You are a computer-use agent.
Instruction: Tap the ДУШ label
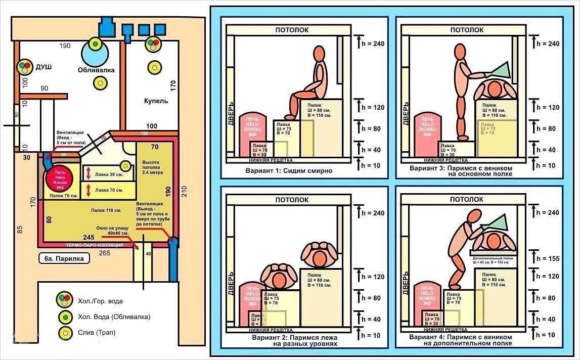click(43, 67)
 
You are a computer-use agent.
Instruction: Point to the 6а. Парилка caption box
click(64, 258)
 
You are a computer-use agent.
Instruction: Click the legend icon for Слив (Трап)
click(64, 333)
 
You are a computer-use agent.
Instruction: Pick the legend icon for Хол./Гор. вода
click(64, 300)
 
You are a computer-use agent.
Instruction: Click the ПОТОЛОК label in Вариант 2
click(292, 200)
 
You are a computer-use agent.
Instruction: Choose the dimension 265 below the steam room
click(105, 252)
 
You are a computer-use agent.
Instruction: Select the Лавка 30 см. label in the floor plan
click(108, 174)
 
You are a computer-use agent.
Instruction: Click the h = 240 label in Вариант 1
click(371, 44)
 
